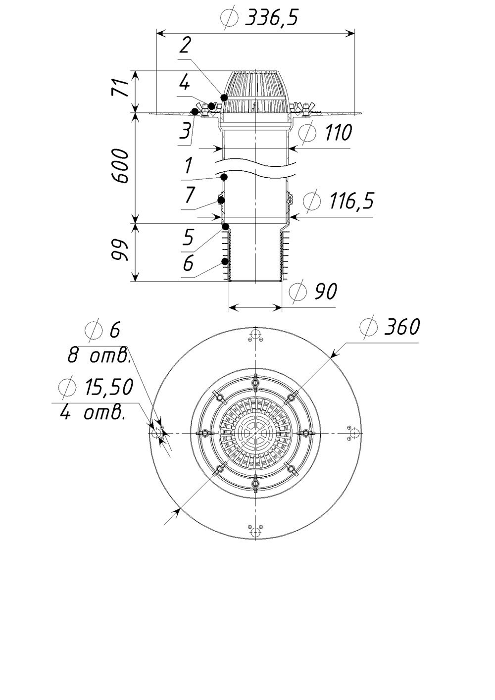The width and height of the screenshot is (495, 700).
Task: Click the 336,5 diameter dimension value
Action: click(271, 18)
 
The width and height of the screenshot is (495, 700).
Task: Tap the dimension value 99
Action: click(119, 250)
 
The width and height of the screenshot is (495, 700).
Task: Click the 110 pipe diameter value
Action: click(339, 132)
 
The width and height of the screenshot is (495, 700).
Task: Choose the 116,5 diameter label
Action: click(351, 200)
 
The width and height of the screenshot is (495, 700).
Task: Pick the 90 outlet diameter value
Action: click(325, 291)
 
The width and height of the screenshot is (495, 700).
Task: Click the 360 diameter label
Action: click(402, 327)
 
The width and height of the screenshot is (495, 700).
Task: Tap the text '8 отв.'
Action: click(99, 355)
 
